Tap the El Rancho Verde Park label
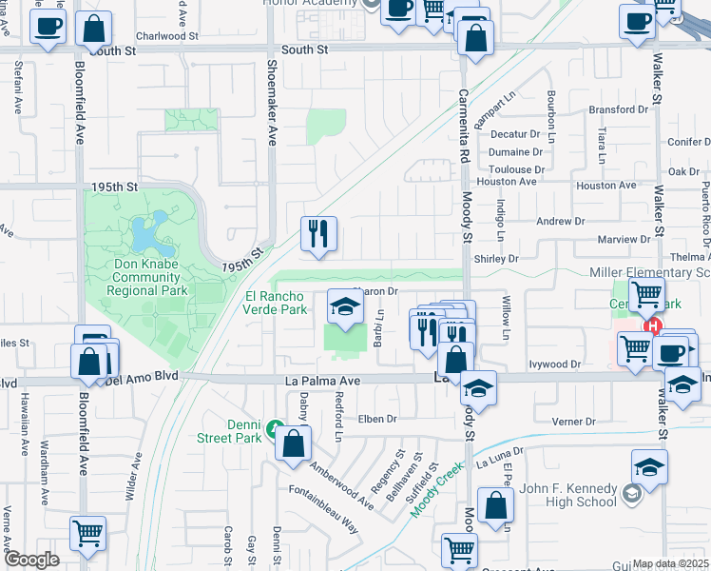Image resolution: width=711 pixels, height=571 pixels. (x=276, y=303)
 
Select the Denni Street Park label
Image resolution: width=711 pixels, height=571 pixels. (x=230, y=431)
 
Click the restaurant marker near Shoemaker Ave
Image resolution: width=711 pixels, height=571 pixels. (x=317, y=234)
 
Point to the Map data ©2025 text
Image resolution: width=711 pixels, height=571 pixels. (x=670, y=563)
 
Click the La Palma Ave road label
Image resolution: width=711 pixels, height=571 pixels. (x=323, y=381)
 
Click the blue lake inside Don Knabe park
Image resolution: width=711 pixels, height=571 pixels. (x=147, y=229)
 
